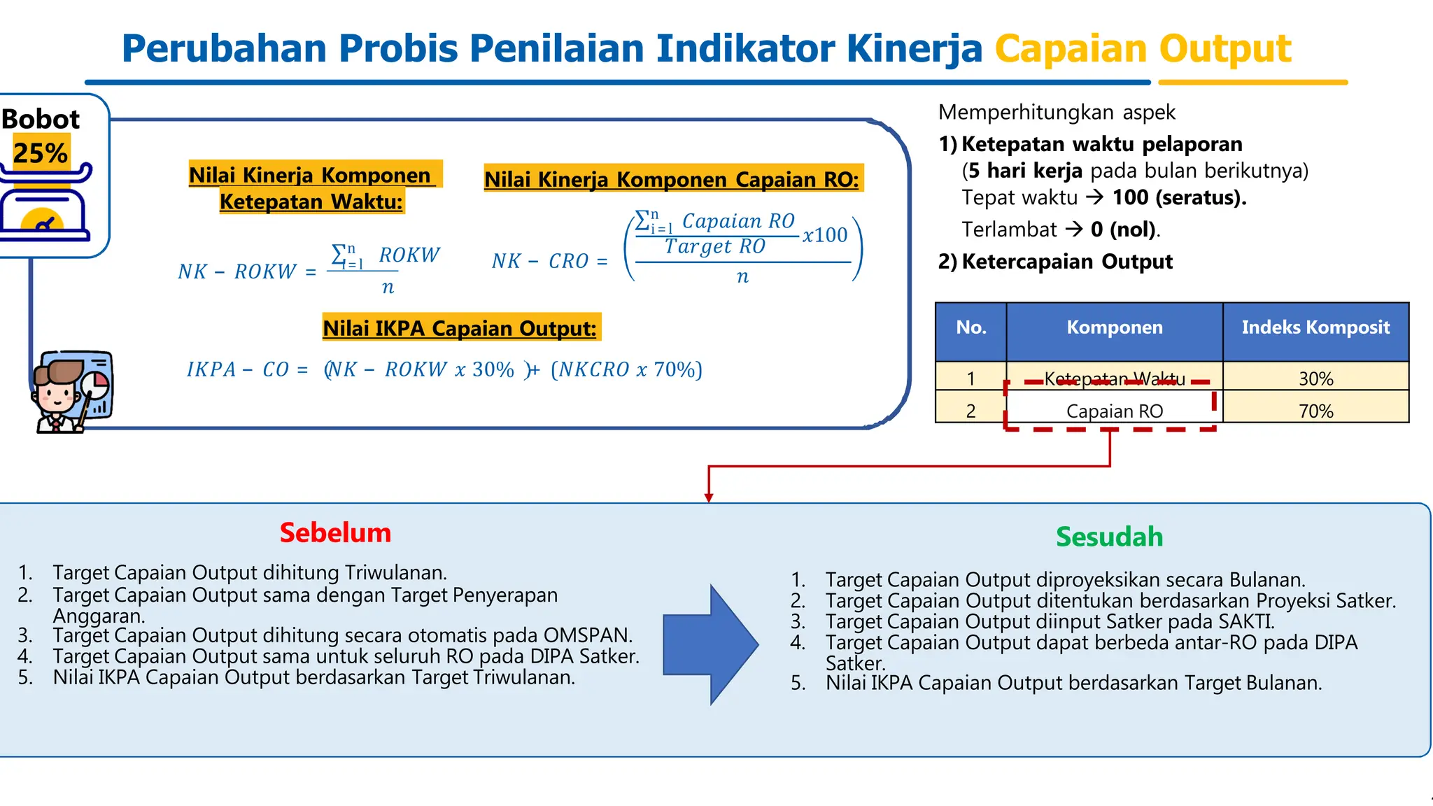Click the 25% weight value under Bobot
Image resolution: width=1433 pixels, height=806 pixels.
tap(41, 153)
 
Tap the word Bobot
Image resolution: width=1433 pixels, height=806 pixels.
tap(41, 119)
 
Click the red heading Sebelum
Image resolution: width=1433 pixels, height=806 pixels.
tap(335, 533)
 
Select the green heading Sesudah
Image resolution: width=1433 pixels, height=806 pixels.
tap(1109, 537)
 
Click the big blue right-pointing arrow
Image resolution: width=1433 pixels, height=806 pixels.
tap(710, 644)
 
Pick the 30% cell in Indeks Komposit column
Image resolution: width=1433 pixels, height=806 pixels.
tap(1315, 379)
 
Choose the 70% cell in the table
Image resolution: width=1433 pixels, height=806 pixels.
tap(1315, 411)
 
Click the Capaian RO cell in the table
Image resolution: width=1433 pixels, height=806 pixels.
tap(1114, 411)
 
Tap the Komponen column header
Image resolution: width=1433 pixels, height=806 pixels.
tap(1114, 327)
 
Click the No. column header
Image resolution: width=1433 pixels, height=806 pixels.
tap(970, 327)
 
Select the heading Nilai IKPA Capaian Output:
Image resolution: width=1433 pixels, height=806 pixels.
tap(460, 328)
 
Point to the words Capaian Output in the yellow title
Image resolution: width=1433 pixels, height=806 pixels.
tap(1143, 49)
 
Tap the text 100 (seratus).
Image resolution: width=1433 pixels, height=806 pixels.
tap(1179, 198)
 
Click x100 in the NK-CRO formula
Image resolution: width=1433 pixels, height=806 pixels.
tap(825, 235)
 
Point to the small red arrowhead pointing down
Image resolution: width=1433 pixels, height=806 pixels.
tap(709, 497)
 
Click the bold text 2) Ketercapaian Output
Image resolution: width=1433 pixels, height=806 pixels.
tap(1055, 262)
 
